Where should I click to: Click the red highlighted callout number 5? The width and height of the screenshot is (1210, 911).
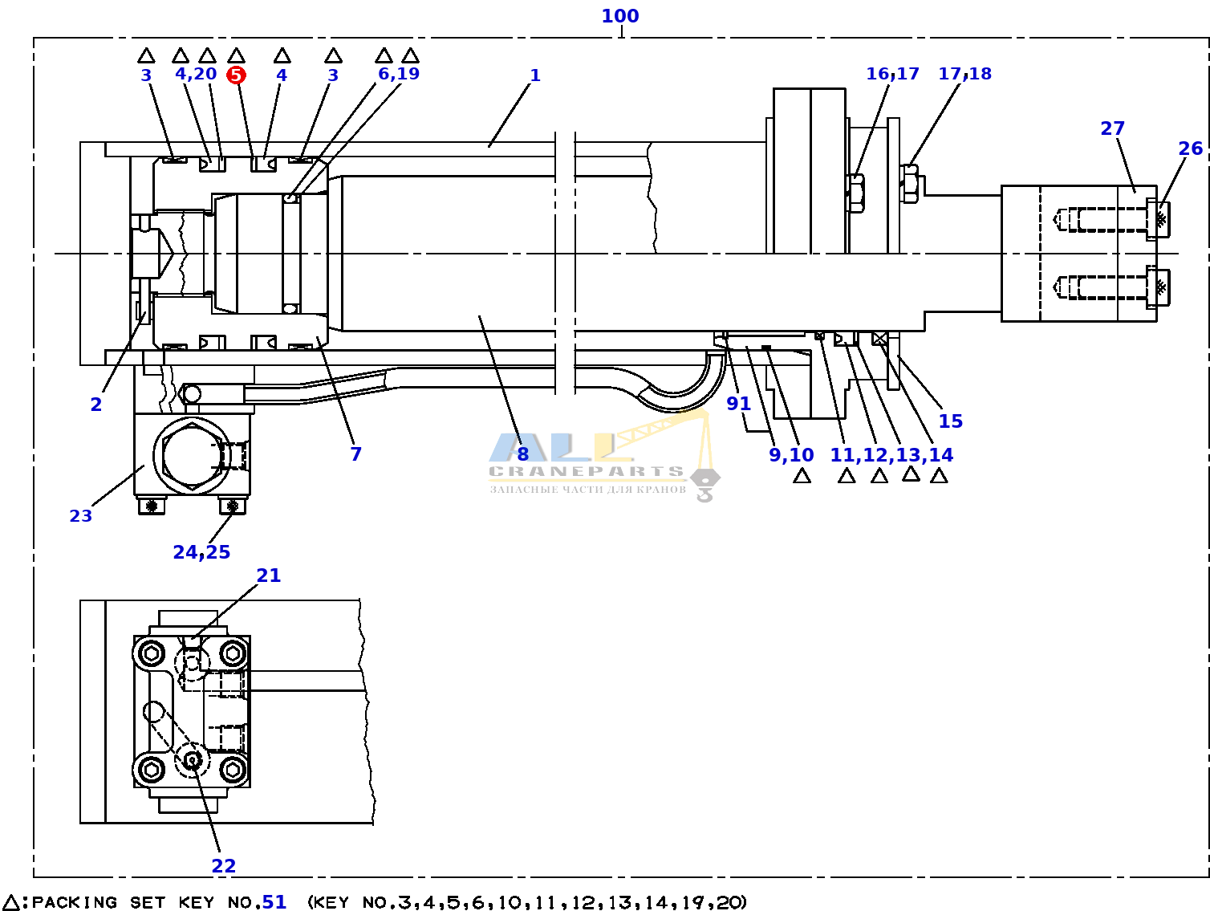[x=236, y=75]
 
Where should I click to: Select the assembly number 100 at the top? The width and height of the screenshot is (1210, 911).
[x=619, y=16]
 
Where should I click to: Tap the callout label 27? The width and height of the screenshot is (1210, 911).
[x=1112, y=128]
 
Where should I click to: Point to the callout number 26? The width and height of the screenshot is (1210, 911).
[x=1190, y=148]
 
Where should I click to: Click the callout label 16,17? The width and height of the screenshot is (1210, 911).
[x=892, y=74]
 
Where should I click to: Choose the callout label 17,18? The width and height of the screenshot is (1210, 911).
[x=964, y=74]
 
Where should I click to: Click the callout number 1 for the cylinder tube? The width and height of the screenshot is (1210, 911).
[x=534, y=75]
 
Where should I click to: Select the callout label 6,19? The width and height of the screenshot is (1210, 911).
[x=399, y=74]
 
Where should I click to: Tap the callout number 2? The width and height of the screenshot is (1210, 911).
[x=96, y=405]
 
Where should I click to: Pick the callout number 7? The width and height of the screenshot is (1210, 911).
[x=356, y=453]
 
